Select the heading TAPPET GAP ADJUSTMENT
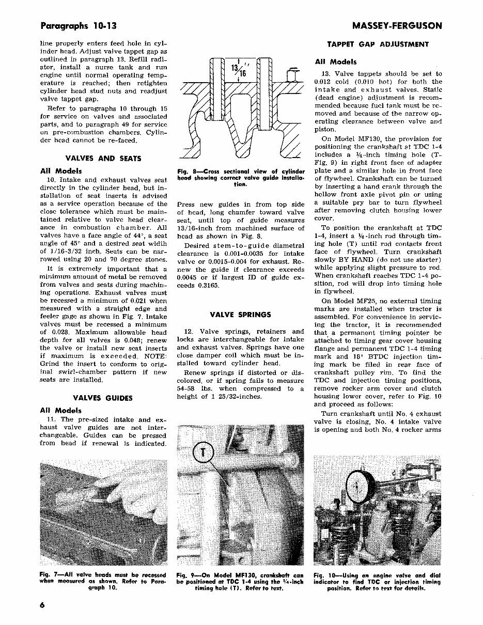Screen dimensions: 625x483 point(378,45)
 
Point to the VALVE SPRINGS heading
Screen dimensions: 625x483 point(240,314)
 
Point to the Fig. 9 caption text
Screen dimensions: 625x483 point(240,581)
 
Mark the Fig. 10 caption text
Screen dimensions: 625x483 point(377,581)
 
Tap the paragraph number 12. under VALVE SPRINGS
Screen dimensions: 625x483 point(189,332)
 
